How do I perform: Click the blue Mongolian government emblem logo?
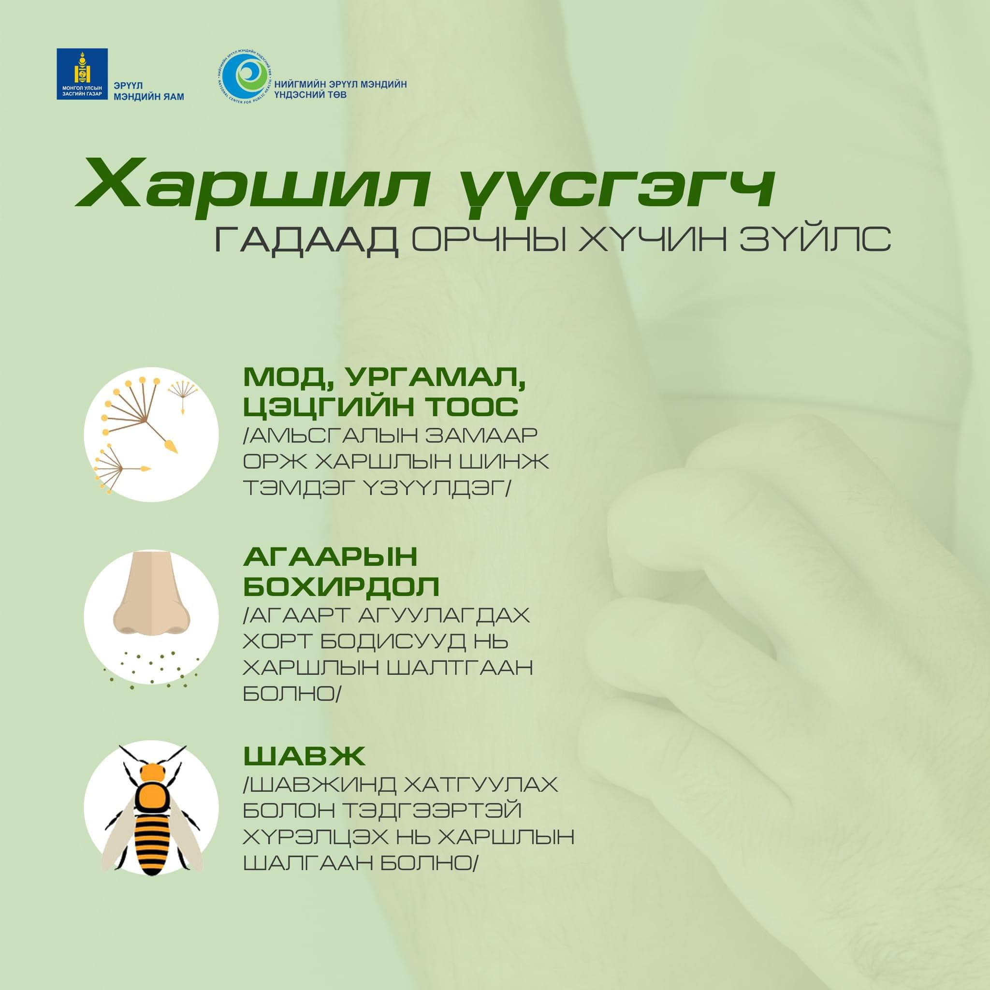pos(82,74)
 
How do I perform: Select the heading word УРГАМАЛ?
pos(437,378)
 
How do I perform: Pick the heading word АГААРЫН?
pos(331,557)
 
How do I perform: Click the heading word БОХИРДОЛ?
pos(341,586)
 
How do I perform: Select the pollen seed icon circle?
pos(151,434)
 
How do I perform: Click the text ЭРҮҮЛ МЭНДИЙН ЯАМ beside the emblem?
pos(148,91)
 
